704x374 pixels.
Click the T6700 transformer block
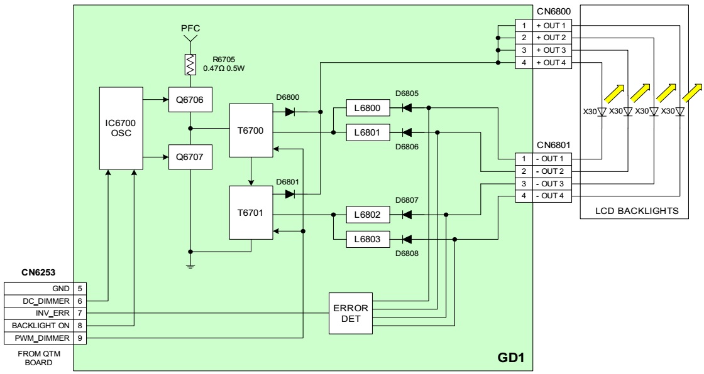[250, 131]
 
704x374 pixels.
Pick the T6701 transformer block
[250, 213]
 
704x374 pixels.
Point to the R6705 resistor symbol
[190, 63]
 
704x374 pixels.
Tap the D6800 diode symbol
[290, 112]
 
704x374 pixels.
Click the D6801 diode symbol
[290, 194]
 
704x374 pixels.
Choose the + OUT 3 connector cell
[551, 50]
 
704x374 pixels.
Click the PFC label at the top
[190, 28]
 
